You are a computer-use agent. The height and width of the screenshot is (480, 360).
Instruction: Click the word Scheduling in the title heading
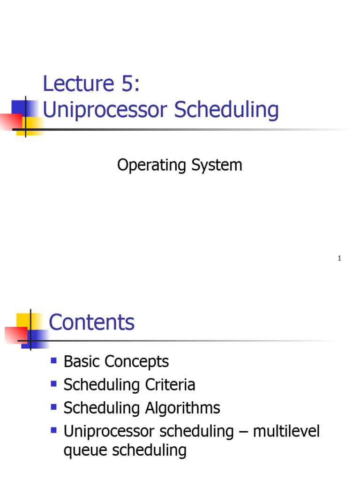(x=226, y=111)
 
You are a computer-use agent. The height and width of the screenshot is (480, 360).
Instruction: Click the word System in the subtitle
(x=217, y=165)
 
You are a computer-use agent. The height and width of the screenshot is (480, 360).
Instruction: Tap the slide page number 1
(x=339, y=259)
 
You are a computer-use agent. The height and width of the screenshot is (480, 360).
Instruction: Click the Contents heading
(x=91, y=322)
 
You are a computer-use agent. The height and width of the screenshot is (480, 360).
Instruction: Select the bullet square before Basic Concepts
(x=53, y=360)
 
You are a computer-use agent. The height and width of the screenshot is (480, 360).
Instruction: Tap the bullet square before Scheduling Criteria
(x=53, y=383)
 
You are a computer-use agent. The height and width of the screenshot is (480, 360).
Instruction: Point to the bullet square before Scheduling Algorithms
(x=53, y=406)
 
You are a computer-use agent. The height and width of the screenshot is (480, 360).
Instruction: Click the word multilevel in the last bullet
(x=286, y=431)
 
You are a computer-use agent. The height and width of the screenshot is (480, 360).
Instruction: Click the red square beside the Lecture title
(x=10, y=121)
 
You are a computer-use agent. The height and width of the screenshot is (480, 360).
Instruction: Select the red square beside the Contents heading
(x=16, y=335)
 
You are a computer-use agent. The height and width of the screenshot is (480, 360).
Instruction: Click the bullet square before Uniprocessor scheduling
(x=53, y=429)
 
